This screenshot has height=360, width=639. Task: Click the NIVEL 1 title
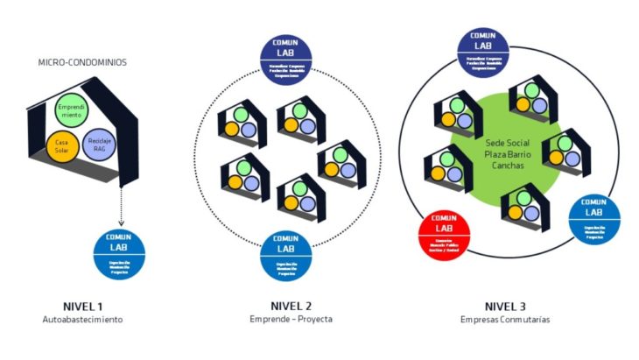point(83,306)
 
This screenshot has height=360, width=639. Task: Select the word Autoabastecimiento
point(83,320)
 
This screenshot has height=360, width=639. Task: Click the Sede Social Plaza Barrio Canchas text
point(509,142)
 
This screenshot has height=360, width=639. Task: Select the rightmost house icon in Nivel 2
point(339,160)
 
